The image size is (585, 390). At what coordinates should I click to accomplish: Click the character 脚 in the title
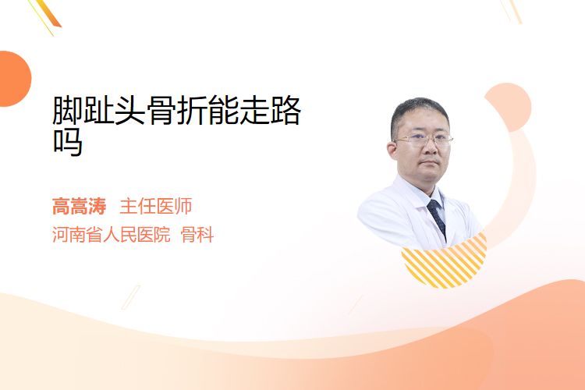tap(67, 110)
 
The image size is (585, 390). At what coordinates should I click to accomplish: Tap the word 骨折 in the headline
tap(177, 110)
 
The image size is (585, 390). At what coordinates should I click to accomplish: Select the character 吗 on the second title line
tap(68, 142)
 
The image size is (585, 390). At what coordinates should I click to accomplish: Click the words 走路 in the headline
tap(270, 110)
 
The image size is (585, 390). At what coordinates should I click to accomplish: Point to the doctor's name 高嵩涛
tap(79, 206)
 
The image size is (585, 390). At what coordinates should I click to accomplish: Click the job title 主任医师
tap(156, 206)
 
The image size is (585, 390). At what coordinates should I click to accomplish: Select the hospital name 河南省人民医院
tap(112, 235)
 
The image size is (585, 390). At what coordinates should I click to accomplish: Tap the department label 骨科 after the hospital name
tap(197, 235)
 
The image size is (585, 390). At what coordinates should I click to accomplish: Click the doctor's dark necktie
tap(437, 218)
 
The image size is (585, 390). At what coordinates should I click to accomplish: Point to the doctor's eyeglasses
tap(424, 140)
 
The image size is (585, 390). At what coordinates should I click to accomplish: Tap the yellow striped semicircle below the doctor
tap(445, 261)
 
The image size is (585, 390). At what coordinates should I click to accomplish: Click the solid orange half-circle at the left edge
tap(14, 79)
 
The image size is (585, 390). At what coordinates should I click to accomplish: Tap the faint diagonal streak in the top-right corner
tap(513, 11)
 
